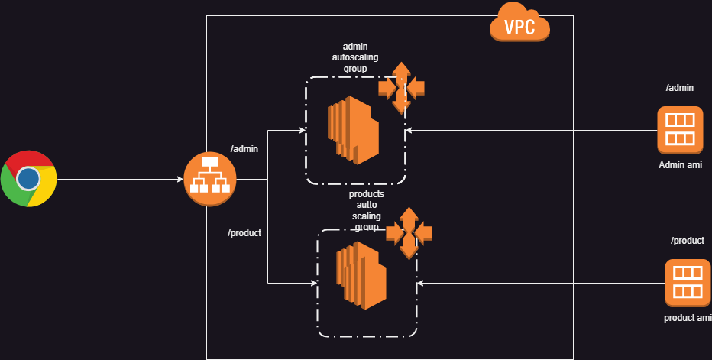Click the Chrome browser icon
click(x=28, y=179)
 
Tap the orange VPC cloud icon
click(x=519, y=22)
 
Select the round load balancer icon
click(x=210, y=179)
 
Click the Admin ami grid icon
click(x=680, y=131)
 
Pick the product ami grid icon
click(x=688, y=283)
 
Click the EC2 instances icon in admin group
click(x=354, y=130)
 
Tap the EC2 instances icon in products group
click(x=361, y=275)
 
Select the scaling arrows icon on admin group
click(x=401, y=88)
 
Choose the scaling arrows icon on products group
click(x=409, y=233)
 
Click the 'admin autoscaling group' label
click(x=355, y=58)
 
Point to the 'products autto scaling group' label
click(x=367, y=210)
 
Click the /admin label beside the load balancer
click(x=244, y=149)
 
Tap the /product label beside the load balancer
click(x=244, y=233)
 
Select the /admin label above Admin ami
click(x=680, y=88)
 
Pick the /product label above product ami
click(x=688, y=241)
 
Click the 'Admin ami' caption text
click(x=680, y=165)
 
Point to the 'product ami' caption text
click(x=688, y=318)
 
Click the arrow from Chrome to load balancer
click(x=121, y=179)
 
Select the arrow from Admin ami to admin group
click(x=531, y=131)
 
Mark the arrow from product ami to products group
click(x=541, y=283)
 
